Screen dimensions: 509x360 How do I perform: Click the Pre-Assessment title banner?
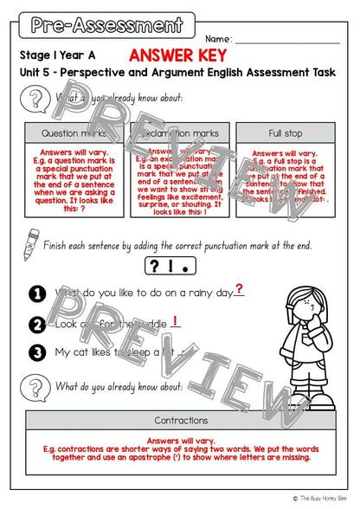pos(106,24)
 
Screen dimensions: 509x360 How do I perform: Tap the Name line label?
pos(218,40)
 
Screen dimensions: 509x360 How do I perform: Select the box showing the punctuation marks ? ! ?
pos(179,265)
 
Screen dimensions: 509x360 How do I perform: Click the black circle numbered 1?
pos(37,294)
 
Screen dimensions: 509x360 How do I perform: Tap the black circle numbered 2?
pos(37,325)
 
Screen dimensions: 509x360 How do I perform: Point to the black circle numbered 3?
pos(37,352)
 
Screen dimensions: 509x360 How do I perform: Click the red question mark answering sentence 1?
pos(238,290)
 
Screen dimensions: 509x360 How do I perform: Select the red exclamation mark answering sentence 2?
pos(176,320)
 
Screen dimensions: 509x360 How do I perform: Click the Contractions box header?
pos(180,421)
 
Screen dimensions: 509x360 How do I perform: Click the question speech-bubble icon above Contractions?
pos(34,388)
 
